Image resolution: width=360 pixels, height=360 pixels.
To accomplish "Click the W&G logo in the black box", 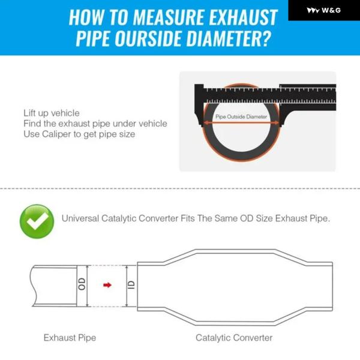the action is [323, 10].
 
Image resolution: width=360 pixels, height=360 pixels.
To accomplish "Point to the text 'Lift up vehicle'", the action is [52, 113].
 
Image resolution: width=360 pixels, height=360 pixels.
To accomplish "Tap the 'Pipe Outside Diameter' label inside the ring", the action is [241, 116].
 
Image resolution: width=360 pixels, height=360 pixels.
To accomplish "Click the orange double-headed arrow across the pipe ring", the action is [241, 123].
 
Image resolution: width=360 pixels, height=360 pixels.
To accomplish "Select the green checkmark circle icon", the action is [37, 221].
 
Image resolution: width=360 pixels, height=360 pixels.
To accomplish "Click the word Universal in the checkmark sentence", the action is [80, 218].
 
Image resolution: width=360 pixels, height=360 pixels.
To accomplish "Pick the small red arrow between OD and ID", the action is [107, 285].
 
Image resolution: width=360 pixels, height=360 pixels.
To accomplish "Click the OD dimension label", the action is [82, 284].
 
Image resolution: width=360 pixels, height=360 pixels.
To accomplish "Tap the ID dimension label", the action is [131, 285].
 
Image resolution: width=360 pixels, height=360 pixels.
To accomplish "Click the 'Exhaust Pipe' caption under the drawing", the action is [70, 338].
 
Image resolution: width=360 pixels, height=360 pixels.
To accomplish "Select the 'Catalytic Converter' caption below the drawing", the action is [234, 338].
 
